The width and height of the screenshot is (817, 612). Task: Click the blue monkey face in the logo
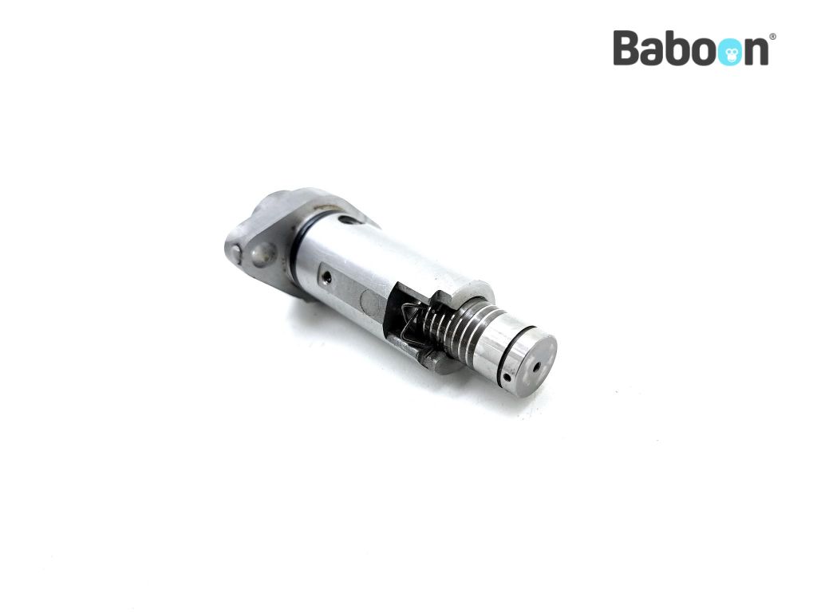tap(729, 52)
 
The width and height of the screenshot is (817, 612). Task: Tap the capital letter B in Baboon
tap(627, 48)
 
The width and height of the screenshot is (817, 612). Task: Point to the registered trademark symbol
tap(772, 37)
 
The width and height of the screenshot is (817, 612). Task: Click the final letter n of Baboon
tap(756, 52)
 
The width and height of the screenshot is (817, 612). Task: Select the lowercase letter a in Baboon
tap(655, 52)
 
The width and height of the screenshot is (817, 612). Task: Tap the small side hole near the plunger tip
tap(506, 376)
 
